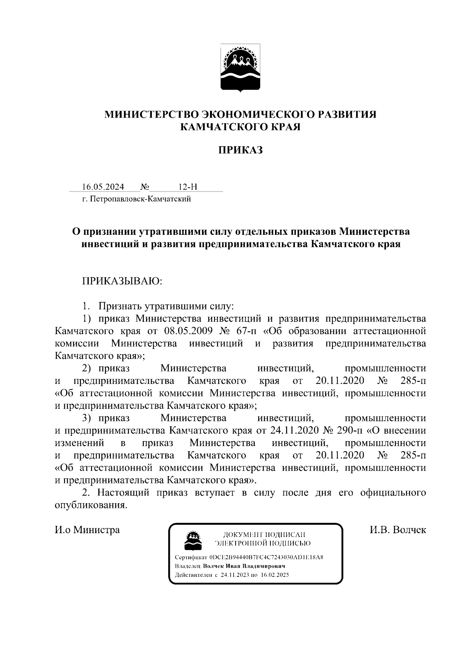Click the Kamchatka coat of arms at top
[240, 68]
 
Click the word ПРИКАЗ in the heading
[240, 150]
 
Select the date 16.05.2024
[103, 187]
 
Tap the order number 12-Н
[188, 187]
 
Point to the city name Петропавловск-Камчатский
[140, 199]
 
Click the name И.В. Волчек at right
[398, 530]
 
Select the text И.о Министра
[87, 530]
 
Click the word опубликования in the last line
[91, 505]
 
